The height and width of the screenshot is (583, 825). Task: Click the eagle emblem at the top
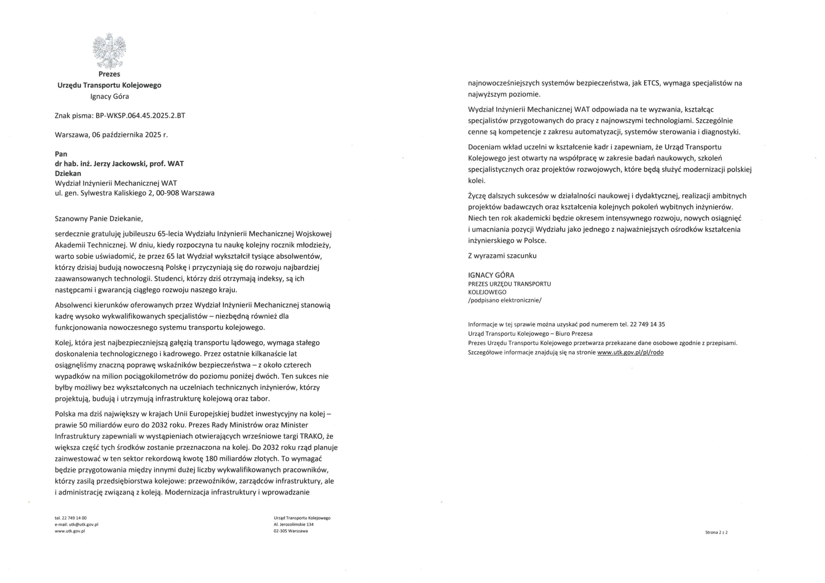[x=110, y=51]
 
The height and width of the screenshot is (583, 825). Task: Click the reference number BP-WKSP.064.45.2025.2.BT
[x=140, y=116]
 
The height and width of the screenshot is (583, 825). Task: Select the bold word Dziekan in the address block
[x=68, y=173]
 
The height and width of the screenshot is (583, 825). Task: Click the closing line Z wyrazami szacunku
[x=502, y=256]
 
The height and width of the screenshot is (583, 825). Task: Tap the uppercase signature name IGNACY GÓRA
[x=491, y=275]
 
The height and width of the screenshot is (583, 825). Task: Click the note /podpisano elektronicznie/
[x=504, y=300]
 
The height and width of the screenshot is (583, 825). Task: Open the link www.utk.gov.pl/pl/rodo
[x=630, y=352]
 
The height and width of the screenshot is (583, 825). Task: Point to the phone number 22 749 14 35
[x=647, y=324]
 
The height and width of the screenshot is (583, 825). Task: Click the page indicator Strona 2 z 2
[x=716, y=542]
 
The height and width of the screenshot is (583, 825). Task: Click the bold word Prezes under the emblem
[x=109, y=74]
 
